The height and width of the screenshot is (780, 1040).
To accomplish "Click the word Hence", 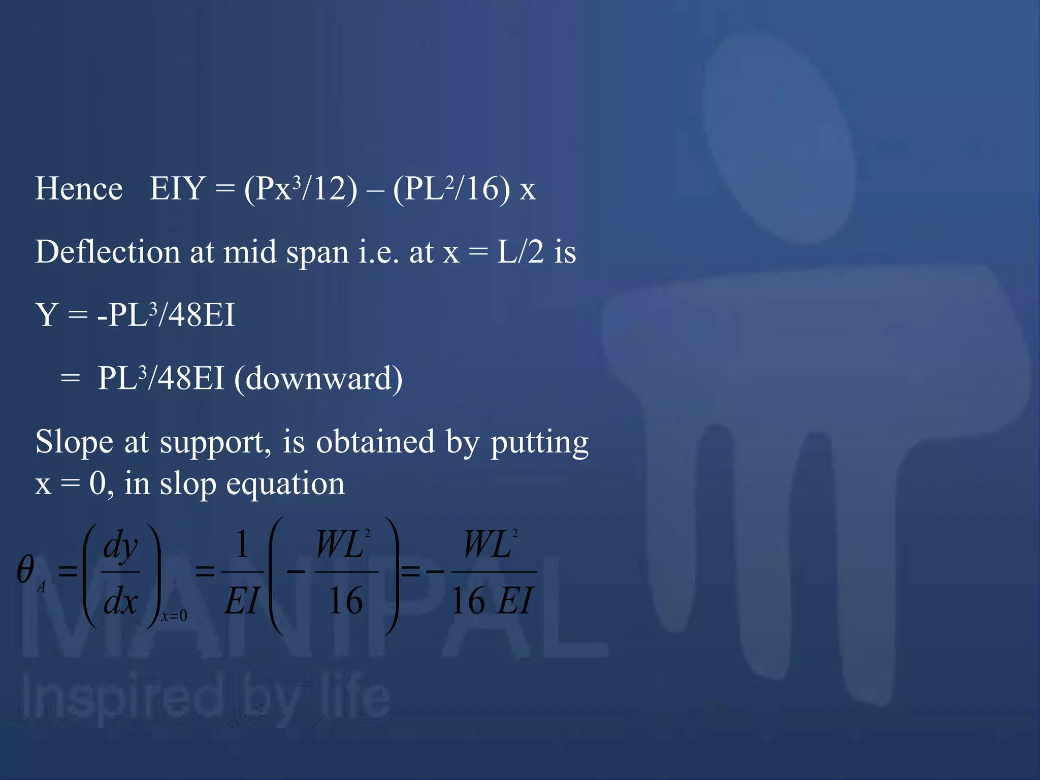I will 79,189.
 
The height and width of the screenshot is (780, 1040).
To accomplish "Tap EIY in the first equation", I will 177,189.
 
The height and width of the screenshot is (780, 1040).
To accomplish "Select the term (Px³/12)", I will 301,189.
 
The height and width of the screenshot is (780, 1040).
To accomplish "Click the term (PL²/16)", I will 451,189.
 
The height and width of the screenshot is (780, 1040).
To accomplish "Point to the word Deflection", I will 107,252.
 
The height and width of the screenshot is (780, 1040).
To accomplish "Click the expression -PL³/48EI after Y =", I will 166,315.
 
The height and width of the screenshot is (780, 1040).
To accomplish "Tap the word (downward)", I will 318,378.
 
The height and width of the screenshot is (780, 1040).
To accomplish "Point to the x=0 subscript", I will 174,616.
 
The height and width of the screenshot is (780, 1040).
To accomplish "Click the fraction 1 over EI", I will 242,572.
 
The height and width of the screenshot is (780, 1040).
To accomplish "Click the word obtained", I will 376,442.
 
